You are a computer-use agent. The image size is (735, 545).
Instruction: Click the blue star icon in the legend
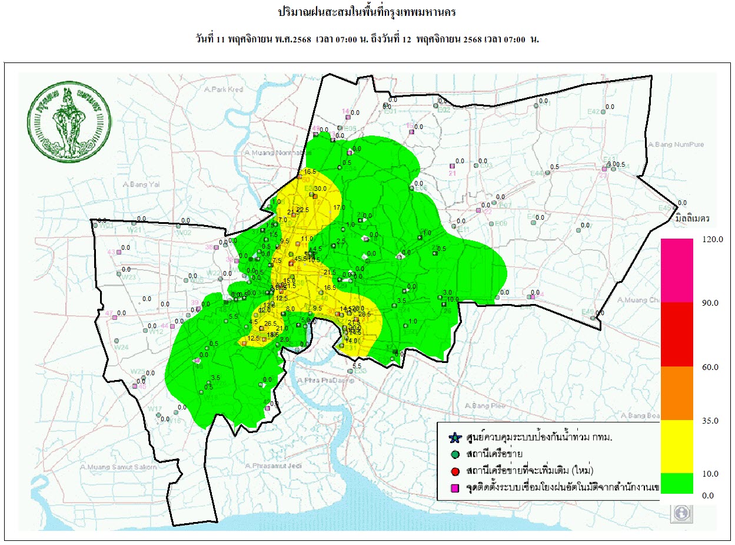pos(454,438)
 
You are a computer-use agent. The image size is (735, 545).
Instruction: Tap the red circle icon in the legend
pos(454,471)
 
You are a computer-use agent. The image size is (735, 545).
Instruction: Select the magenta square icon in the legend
pos(454,488)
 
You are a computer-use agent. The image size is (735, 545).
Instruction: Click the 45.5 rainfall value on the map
pos(301,259)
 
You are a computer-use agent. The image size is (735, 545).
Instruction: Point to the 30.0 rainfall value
pos(320,189)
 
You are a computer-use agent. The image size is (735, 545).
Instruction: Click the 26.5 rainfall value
pos(271,323)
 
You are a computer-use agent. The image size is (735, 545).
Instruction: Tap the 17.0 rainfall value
pos(339,207)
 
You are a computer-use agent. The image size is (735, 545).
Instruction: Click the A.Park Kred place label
pos(224,90)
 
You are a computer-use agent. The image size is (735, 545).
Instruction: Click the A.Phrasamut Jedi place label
pos(270,466)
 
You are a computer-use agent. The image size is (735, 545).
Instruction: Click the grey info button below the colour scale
pos(681,513)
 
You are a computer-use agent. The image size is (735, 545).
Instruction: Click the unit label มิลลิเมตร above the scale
pos(693,218)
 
